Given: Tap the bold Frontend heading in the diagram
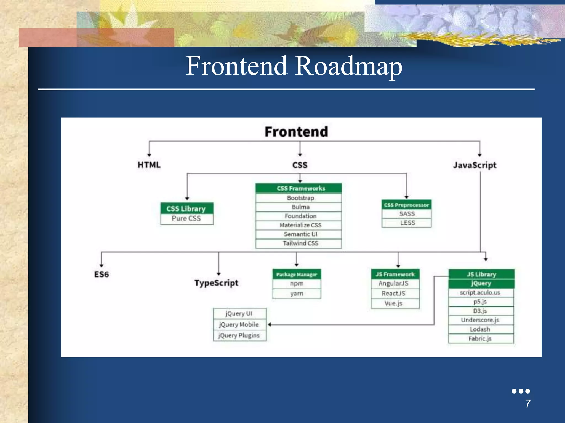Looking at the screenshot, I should (x=296, y=132).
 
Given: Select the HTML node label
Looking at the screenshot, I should (x=149, y=165).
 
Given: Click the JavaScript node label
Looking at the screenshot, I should (x=475, y=165).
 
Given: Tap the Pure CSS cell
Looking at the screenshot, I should (x=186, y=219).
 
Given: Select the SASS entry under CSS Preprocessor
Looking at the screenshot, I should (x=407, y=214).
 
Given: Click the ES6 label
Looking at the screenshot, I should (x=102, y=274).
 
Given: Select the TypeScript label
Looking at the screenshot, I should (x=216, y=283).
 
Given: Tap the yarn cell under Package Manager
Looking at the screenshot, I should (x=297, y=294).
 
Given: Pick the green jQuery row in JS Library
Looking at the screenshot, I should (x=481, y=284).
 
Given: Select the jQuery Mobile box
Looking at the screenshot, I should (x=239, y=325).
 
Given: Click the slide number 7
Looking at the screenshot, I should (x=527, y=404).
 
